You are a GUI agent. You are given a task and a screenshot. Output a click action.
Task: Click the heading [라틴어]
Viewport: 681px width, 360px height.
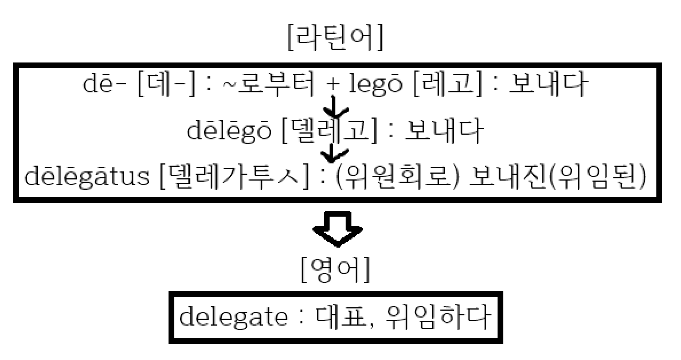click(335, 38)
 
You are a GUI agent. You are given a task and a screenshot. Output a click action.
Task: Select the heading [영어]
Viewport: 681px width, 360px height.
click(335, 271)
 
